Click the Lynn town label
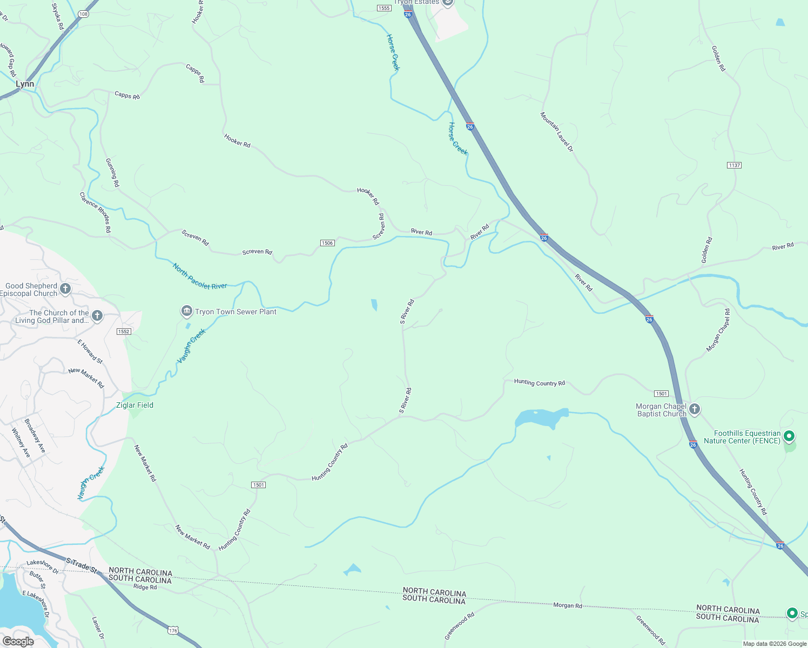coord(25,84)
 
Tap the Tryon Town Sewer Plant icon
coord(186,311)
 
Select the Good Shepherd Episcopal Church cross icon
coord(65,289)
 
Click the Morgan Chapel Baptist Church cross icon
coord(695,409)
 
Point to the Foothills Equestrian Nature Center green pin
coord(789,436)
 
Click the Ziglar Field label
coord(135,405)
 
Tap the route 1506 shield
coord(327,243)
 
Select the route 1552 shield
coord(124,331)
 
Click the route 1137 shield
coord(734,165)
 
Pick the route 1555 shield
coord(384,8)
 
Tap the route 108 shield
coord(83,14)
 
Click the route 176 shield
coord(173,630)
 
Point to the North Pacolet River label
coord(200,276)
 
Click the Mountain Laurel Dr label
coord(557,132)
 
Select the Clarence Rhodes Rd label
coord(96,212)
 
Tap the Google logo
coord(18,641)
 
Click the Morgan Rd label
coord(568,605)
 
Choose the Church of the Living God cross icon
coord(97,315)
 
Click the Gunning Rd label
coord(112,173)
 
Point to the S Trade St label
coord(81,565)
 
